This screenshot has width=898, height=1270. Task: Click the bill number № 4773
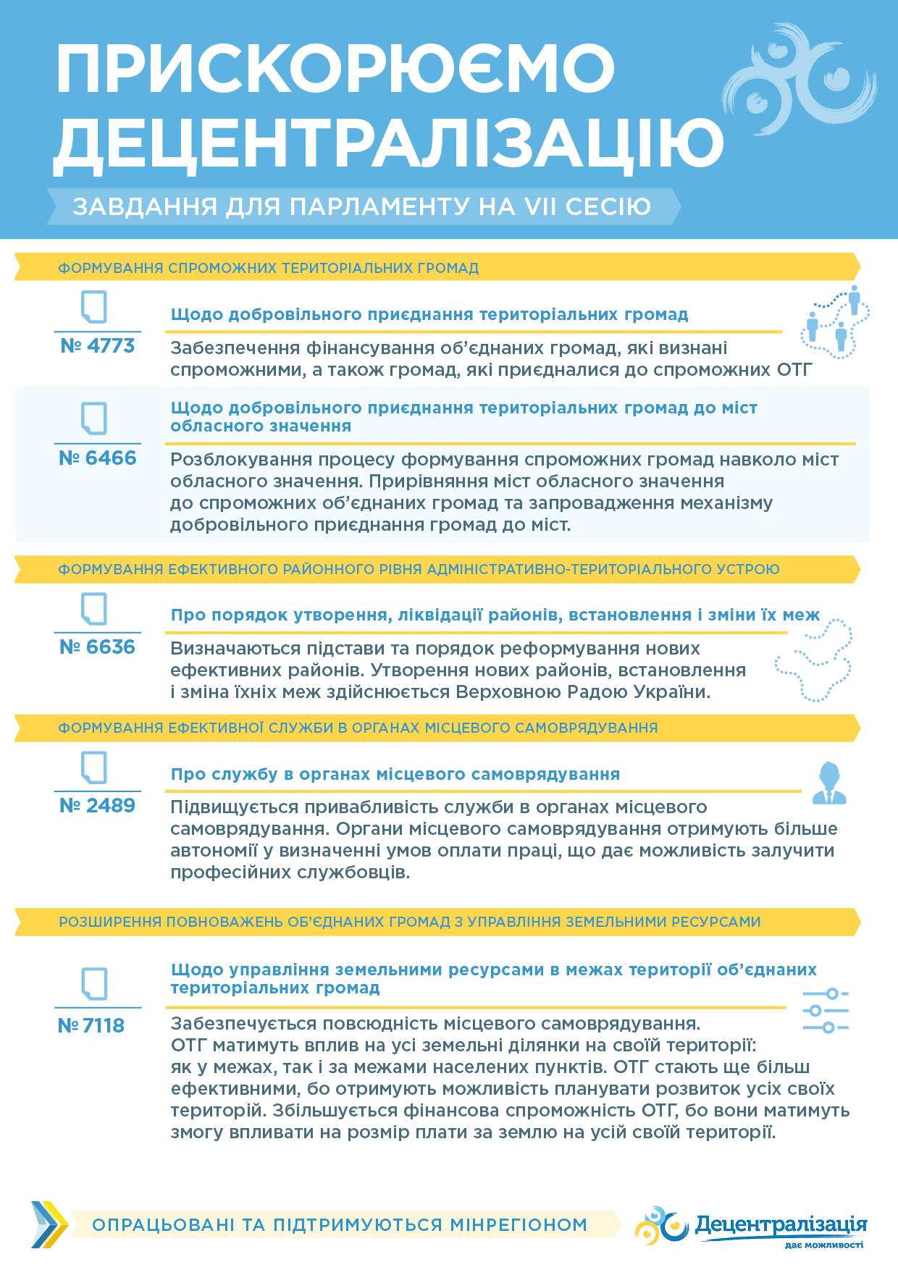click(97, 346)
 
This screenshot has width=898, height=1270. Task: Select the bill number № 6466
click(97, 458)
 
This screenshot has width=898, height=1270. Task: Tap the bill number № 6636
click(97, 647)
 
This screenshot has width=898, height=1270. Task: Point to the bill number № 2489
click(97, 806)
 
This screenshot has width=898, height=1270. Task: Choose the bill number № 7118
click(91, 1026)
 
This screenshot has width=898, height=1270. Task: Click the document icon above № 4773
click(94, 307)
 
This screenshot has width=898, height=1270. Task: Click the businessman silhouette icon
click(828, 783)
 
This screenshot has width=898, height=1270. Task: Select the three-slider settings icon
click(826, 1011)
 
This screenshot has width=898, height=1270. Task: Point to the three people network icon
click(835, 321)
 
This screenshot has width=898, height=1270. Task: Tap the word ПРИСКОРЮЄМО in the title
click(335, 69)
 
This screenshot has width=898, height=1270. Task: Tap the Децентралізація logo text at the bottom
click(781, 1224)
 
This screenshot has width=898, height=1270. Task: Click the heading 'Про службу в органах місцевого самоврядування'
click(395, 774)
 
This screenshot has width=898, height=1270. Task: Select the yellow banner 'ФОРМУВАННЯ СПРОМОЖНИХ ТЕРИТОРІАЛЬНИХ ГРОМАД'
click(268, 268)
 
